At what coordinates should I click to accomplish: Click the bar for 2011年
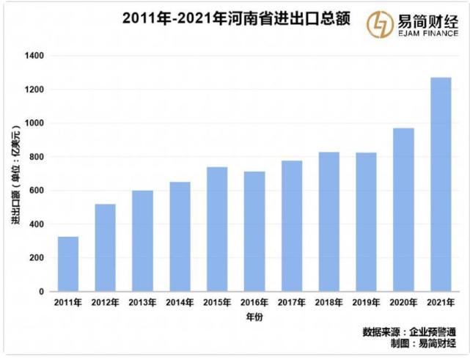(68, 264)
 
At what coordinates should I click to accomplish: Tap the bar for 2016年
(254, 232)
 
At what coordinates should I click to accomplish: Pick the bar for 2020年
(403, 210)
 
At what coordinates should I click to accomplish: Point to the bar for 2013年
(142, 241)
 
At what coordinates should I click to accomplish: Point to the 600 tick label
(37, 191)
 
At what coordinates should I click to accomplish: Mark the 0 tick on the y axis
(43, 292)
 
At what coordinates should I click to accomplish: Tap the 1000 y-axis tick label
(34, 123)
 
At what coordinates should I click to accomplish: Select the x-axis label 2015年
(217, 302)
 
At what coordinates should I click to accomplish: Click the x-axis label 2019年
(366, 302)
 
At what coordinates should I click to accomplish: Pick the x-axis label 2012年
(105, 302)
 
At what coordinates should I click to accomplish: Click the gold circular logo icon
(380, 22)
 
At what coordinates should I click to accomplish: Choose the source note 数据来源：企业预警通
(409, 331)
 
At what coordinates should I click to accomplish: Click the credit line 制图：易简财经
(421, 343)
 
